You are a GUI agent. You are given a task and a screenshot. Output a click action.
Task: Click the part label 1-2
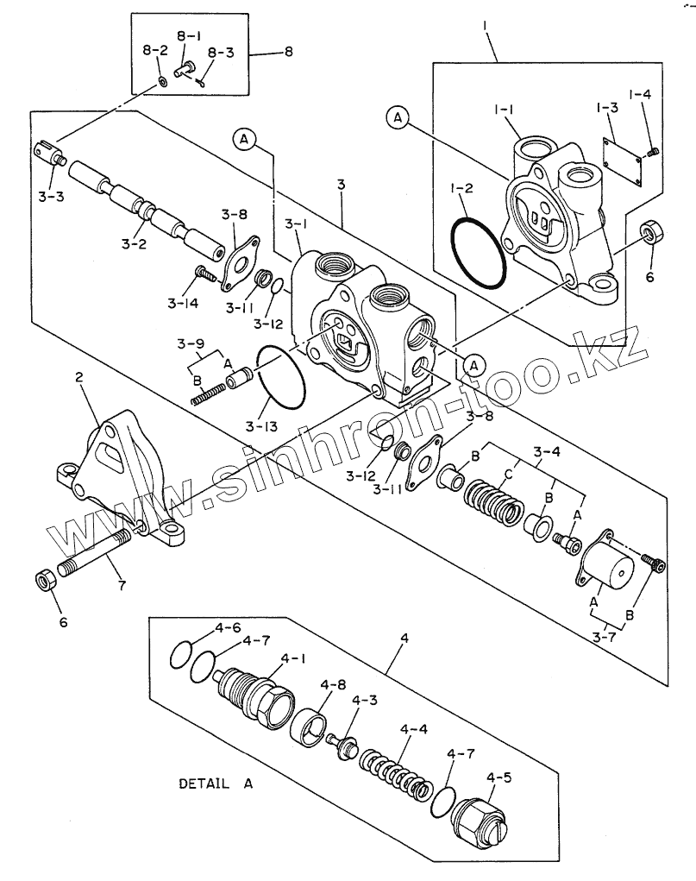click(461, 187)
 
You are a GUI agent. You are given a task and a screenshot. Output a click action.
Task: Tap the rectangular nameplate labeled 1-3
click(622, 160)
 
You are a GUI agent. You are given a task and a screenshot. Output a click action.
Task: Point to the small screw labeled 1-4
click(652, 152)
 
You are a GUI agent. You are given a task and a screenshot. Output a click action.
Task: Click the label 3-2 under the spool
click(135, 243)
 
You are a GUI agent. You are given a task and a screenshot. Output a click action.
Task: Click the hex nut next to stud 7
click(46, 580)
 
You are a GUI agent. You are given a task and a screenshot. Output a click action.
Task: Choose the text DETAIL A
click(216, 783)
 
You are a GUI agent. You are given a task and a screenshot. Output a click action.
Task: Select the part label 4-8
click(333, 685)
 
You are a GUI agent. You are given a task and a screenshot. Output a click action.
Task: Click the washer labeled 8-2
click(162, 82)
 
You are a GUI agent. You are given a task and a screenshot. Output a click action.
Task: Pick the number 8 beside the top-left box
click(289, 52)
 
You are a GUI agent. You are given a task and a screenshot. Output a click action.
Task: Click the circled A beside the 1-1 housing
click(398, 117)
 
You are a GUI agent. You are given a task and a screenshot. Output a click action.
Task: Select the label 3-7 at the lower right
click(605, 637)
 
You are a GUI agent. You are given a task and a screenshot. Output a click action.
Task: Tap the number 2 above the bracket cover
click(79, 377)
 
